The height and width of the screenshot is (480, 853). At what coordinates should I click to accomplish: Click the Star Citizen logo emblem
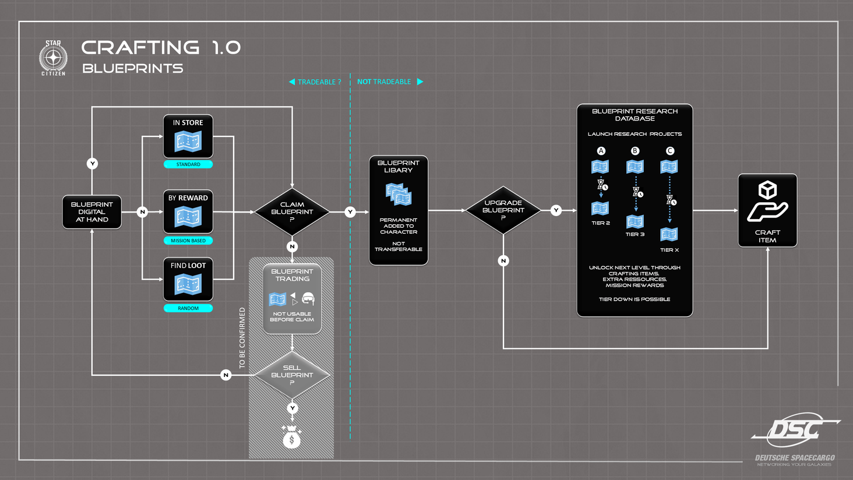click(53, 58)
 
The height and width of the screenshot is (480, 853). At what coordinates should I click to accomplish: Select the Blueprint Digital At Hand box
click(92, 212)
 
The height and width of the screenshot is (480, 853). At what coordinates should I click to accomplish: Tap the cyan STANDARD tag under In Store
click(188, 165)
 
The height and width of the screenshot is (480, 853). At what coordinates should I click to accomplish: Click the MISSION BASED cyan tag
click(188, 241)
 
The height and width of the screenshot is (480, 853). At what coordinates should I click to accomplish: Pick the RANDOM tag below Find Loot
click(188, 308)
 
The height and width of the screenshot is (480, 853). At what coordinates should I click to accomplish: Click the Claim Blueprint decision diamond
click(292, 212)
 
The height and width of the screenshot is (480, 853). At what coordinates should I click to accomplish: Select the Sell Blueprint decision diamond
click(292, 375)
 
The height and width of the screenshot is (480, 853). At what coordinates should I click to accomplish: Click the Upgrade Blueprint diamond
click(503, 210)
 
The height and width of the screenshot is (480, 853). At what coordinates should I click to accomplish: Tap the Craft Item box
click(767, 210)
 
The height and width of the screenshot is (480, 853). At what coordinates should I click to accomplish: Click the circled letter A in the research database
click(601, 151)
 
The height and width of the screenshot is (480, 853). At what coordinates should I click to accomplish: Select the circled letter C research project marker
click(670, 151)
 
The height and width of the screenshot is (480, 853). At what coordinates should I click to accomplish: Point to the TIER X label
click(669, 250)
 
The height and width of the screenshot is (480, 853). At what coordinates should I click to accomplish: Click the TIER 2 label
click(601, 223)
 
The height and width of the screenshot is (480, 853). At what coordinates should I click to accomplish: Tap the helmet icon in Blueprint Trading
click(308, 299)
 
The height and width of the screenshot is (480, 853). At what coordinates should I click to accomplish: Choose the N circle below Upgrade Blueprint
click(503, 261)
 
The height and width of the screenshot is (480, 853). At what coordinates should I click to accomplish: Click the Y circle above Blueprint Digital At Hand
click(92, 164)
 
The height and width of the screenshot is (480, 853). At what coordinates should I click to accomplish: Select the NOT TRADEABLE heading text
click(384, 82)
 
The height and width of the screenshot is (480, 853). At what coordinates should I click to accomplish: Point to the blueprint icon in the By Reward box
click(188, 217)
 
